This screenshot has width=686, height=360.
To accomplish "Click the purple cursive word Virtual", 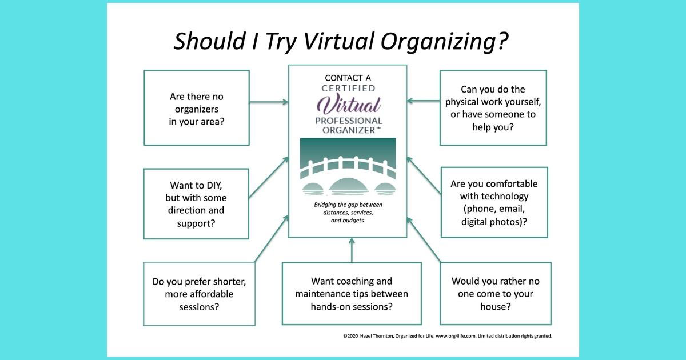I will pos(349,105).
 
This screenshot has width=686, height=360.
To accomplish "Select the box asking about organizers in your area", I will pos(197,108).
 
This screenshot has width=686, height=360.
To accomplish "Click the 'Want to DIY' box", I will pos(196,203).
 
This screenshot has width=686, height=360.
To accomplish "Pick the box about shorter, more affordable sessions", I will pos(199,293).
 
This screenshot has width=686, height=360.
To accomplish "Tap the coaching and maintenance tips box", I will pos(352,293).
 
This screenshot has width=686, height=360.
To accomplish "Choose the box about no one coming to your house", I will pos(495,293).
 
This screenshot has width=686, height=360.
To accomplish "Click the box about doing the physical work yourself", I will pos(493,107).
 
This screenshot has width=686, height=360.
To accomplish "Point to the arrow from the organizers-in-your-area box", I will pos(269,102).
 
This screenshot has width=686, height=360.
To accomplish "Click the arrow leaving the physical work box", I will pos(423,102).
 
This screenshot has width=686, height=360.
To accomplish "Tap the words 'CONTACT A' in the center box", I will pos(348,78).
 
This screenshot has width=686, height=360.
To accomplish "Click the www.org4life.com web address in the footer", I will pos(449,336).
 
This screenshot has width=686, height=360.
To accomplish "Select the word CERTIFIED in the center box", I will pos(348,89).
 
